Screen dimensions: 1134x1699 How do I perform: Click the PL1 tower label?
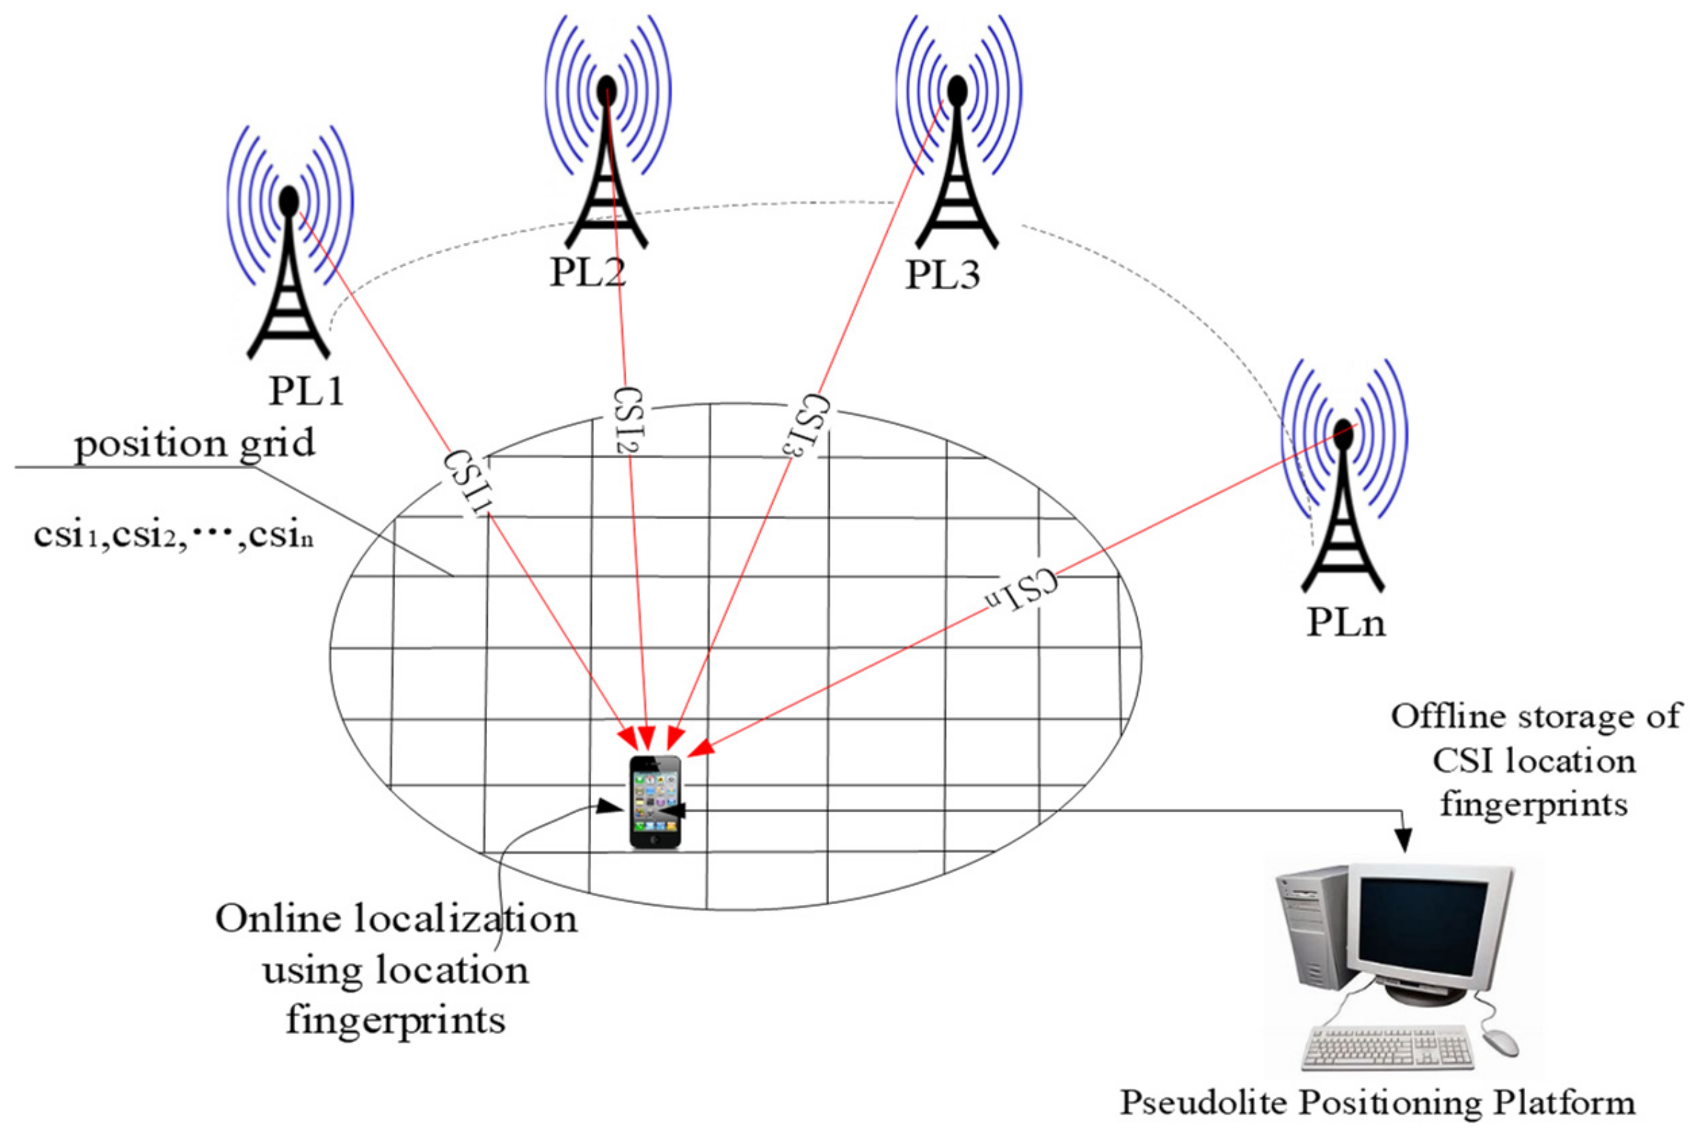(305, 391)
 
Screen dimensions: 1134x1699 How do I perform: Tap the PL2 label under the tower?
(588, 274)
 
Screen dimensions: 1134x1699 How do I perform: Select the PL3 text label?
(943, 276)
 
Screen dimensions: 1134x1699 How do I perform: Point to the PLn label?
(1346, 623)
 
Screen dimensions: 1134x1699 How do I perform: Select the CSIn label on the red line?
(1022, 589)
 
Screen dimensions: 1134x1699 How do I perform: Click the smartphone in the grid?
(655, 801)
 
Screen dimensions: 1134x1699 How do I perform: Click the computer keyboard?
(1387, 1048)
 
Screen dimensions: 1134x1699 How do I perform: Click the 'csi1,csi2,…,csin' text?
(174, 536)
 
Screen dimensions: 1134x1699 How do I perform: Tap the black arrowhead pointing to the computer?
(1402, 840)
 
